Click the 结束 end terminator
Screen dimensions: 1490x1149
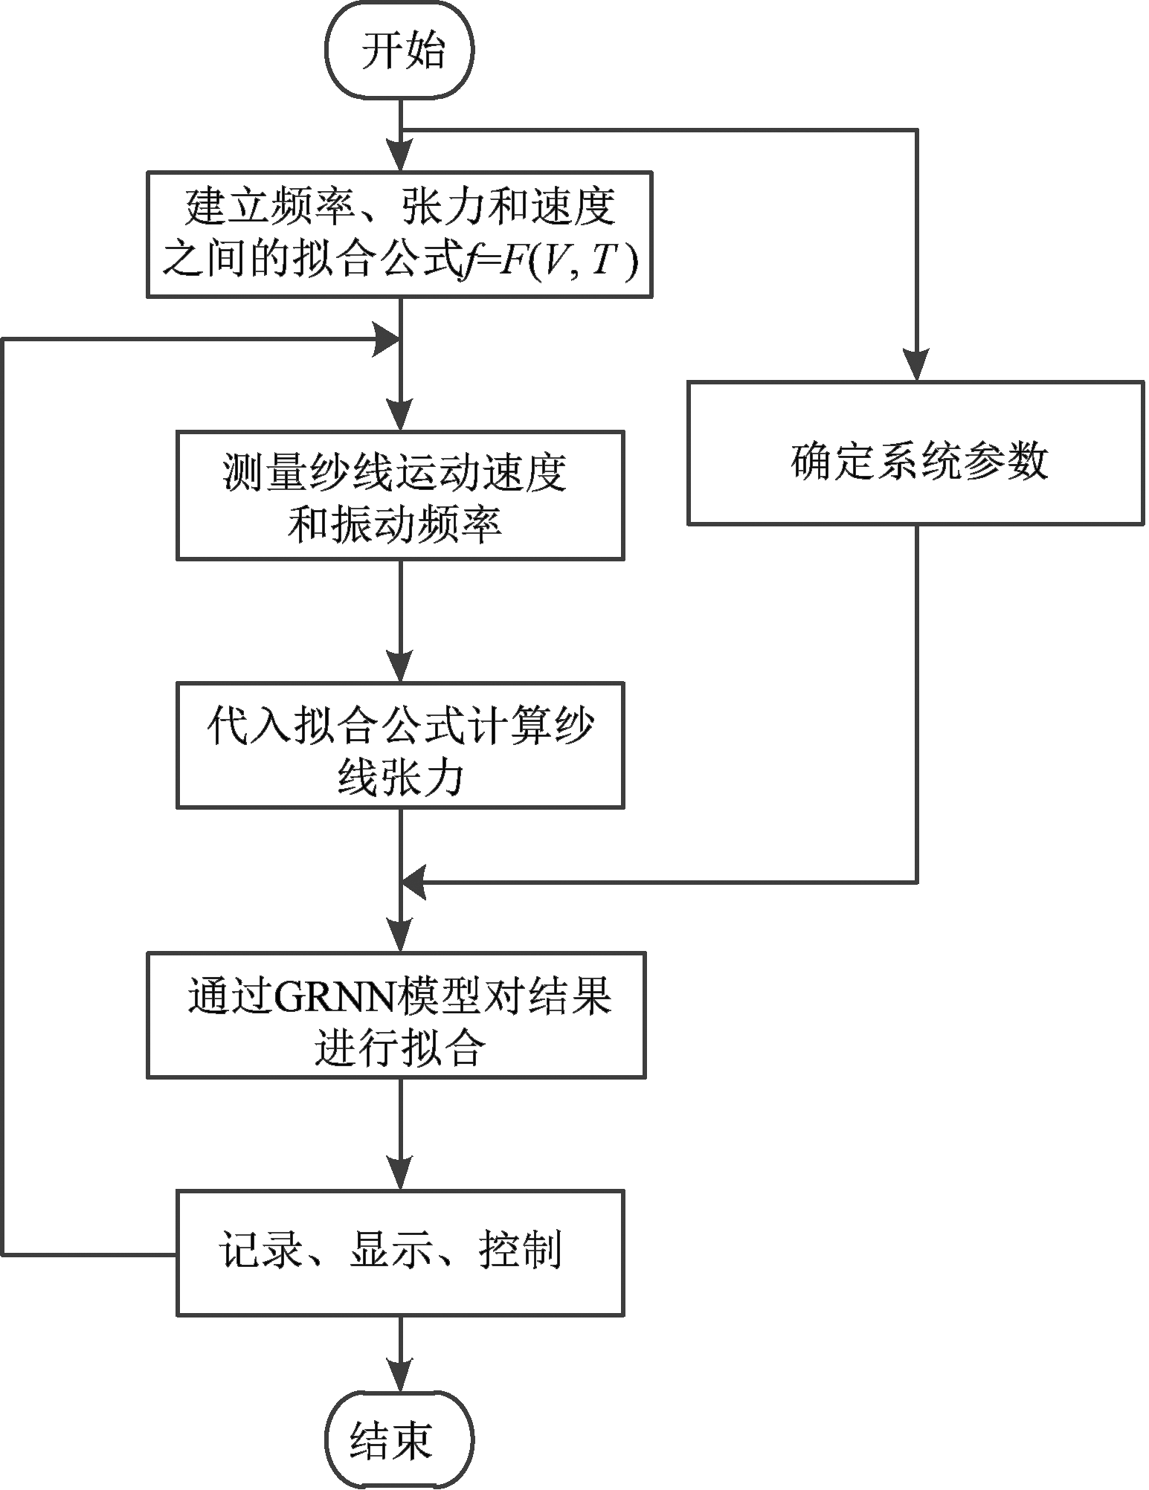(x=400, y=1441)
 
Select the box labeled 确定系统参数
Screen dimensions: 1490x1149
(x=915, y=453)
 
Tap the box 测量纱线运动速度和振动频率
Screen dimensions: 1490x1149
(x=400, y=495)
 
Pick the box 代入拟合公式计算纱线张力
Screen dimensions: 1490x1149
(x=400, y=746)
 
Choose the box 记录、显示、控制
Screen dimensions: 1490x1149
(x=400, y=1254)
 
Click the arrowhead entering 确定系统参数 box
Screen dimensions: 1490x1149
(x=916, y=366)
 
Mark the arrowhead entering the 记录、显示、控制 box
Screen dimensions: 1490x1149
(x=401, y=1175)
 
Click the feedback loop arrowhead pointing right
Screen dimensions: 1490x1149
(x=387, y=340)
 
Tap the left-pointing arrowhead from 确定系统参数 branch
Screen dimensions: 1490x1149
(x=415, y=883)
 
